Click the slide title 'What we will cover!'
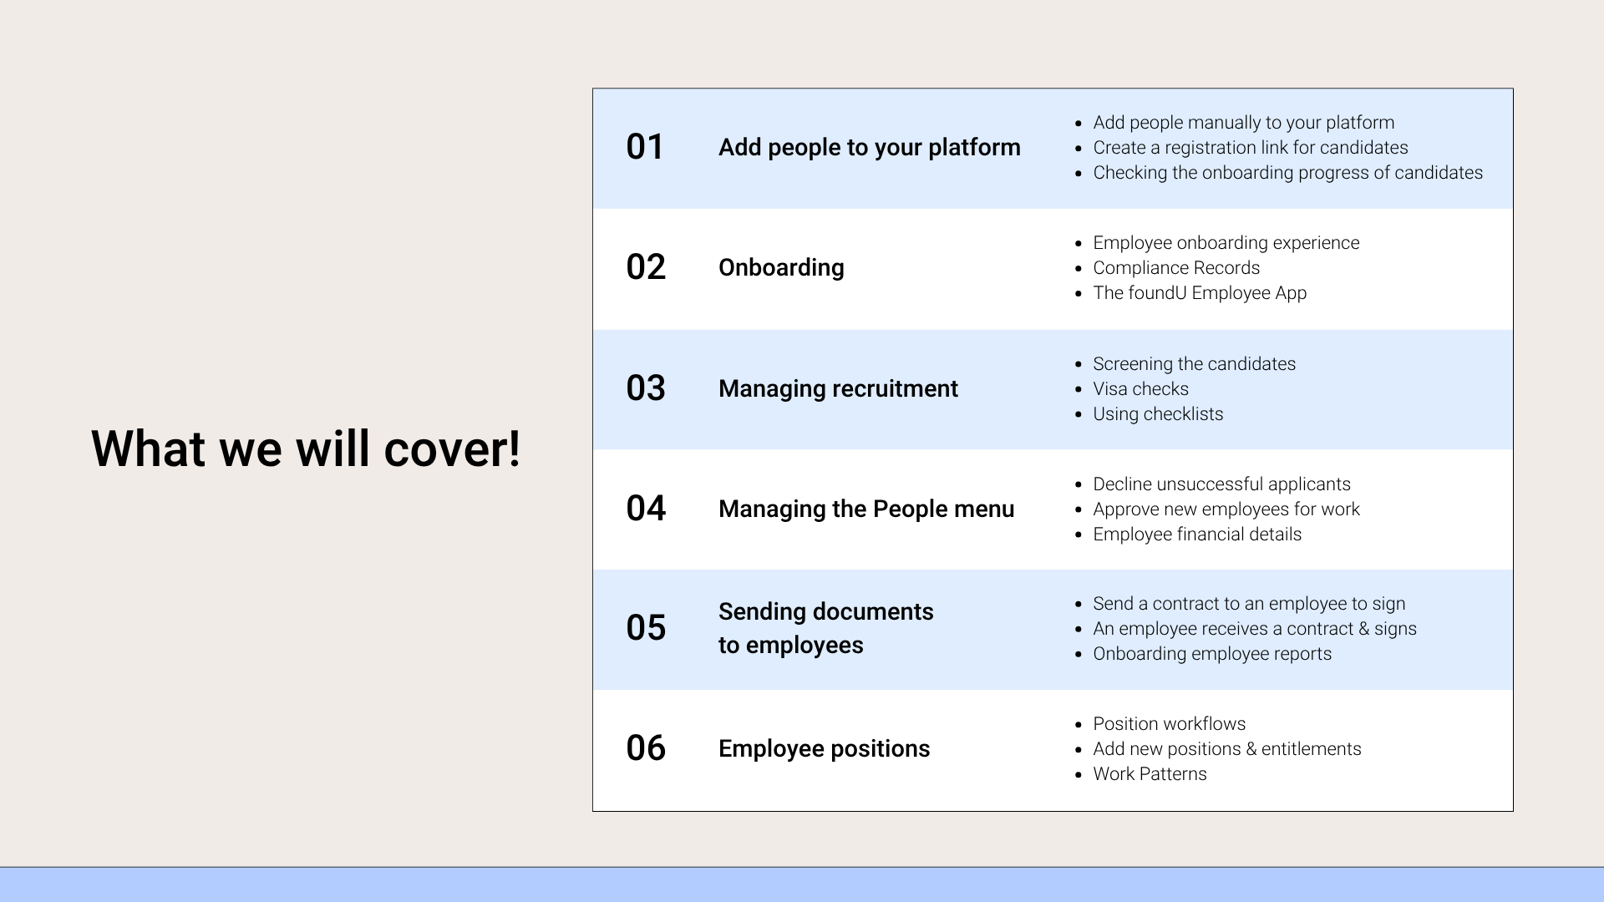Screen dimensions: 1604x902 (x=306, y=448)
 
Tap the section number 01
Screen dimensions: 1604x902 (x=645, y=147)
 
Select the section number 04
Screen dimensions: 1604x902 (x=646, y=509)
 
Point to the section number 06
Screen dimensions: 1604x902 (x=646, y=748)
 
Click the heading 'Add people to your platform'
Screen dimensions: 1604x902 (x=870, y=148)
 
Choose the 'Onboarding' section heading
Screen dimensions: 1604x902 (x=781, y=268)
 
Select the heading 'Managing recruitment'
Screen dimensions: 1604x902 (x=838, y=389)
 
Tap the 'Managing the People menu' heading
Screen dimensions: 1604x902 (x=866, y=509)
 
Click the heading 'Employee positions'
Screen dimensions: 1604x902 (x=824, y=749)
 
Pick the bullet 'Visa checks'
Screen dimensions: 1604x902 (x=1140, y=389)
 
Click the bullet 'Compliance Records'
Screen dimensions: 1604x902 (x=1176, y=268)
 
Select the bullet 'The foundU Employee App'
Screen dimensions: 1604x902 (x=1200, y=293)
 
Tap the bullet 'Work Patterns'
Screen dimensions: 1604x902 (x=1150, y=774)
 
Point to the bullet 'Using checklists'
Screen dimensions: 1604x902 (x=1158, y=414)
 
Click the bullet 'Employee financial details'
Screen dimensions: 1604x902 (x=1197, y=535)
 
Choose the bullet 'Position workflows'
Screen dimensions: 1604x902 (x=1170, y=724)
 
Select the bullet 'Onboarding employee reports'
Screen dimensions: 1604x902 (x=1212, y=654)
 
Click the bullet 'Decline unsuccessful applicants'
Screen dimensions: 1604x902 (x=1221, y=484)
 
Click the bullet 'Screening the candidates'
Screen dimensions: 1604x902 (x=1194, y=364)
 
